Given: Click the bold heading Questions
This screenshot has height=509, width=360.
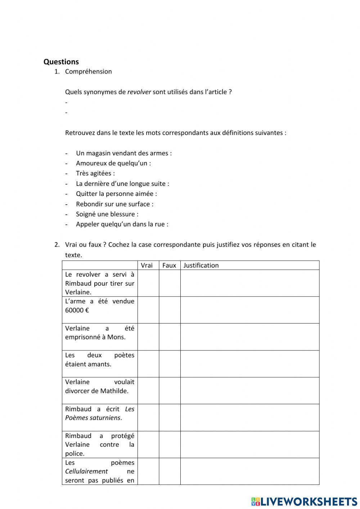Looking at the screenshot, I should pyautogui.click(x=61, y=62).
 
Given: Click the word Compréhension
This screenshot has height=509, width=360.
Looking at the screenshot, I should pyautogui.click(x=88, y=71).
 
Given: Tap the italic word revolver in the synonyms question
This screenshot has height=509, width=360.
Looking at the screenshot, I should pyautogui.click(x=139, y=92).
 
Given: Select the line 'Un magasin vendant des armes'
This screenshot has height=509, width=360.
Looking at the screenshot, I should pyautogui.click(x=123, y=153).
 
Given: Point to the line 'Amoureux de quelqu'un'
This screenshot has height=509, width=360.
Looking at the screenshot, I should pyautogui.click(x=113, y=163).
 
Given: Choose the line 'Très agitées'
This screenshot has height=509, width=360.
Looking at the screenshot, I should pyautogui.click(x=95, y=173).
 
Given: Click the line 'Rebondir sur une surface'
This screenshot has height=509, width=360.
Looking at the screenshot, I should pyautogui.click(x=114, y=204).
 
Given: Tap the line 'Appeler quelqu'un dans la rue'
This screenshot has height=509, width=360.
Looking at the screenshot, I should pyautogui.click(x=122, y=224).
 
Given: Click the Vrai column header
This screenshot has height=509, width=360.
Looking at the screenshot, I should pyautogui.click(x=147, y=265).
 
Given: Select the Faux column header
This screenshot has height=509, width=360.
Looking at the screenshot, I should pyautogui.click(x=169, y=265).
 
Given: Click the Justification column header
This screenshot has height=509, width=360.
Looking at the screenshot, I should pyautogui.click(x=201, y=265).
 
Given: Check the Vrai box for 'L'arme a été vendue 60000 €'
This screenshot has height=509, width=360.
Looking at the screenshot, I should pyautogui.click(x=148, y=310).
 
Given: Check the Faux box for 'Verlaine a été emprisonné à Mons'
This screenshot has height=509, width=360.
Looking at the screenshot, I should pyautogui.click(x=170, y=337).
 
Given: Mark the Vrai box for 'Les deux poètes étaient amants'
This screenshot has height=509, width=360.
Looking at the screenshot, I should pyautogui.click(x=148, y=364).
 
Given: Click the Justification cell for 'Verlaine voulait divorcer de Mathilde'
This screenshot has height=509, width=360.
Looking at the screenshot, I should pyautogui.click(x=249, y=390).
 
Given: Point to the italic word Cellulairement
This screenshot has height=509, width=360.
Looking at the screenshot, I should pyautogui.click(x=86, y=471).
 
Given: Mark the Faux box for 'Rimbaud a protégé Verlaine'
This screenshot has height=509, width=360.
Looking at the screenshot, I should pyautogui.click(x=170, y=445).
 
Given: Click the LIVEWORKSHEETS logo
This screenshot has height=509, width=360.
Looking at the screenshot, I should pyautogui.click(x=304, y=501).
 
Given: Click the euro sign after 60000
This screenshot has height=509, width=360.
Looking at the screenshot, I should pyautogui.click(x=87, y=310).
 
